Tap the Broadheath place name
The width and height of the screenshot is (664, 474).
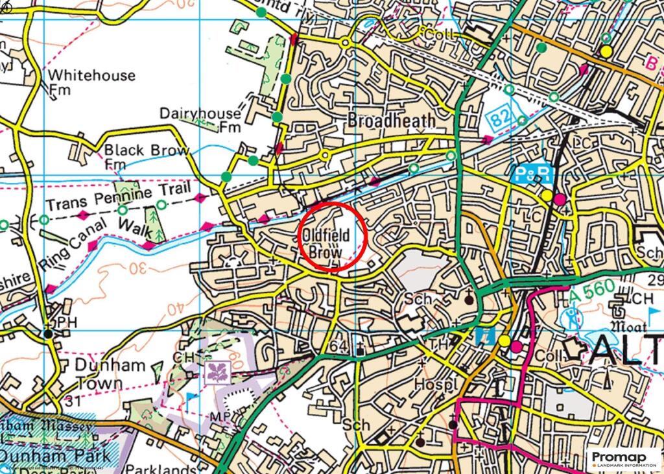pos(391,121)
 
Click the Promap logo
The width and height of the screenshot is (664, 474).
pos(623,459)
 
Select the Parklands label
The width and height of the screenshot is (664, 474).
pos(161,468)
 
